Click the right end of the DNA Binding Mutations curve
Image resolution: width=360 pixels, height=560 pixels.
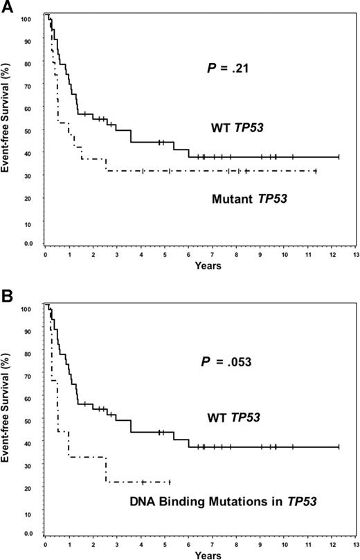point(169,482)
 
